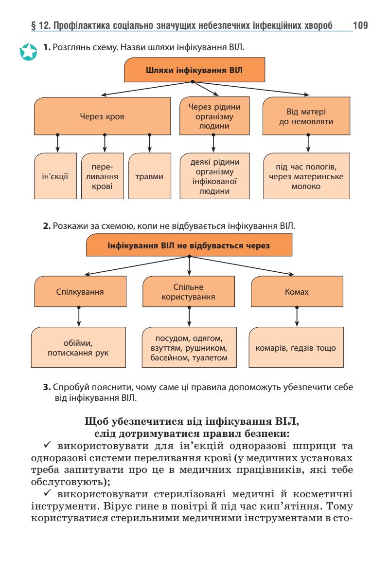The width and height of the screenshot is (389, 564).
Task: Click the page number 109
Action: pyautogui.click(x=361, y=24)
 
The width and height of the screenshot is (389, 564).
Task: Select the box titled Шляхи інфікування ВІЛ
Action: pyautogui.click(x=194, y=70)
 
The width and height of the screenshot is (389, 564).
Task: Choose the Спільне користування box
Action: pyautogui.click(x=188, y=294)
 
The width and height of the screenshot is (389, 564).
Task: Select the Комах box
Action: pyautogui.click(x=297, y=294)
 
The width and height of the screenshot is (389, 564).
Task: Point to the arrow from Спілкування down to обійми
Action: pyautogui.click(x=79, y=318)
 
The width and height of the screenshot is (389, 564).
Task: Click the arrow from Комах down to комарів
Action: pyautogui.click(x=297, y=318)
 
